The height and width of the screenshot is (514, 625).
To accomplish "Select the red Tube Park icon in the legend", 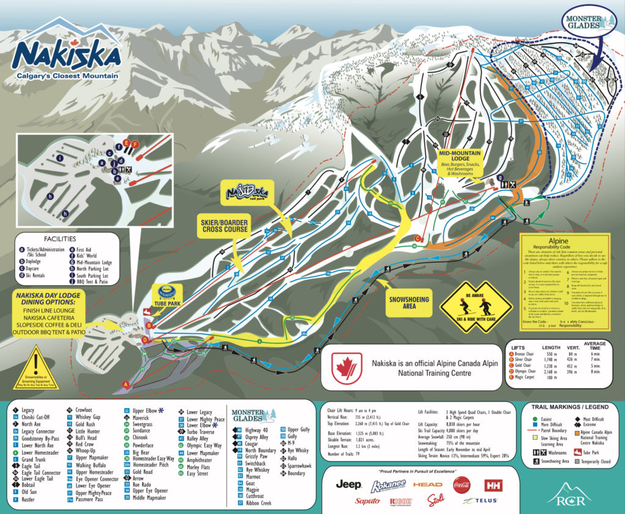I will point(575,452).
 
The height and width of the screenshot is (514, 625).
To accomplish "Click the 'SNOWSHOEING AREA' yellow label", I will point(408,303).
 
